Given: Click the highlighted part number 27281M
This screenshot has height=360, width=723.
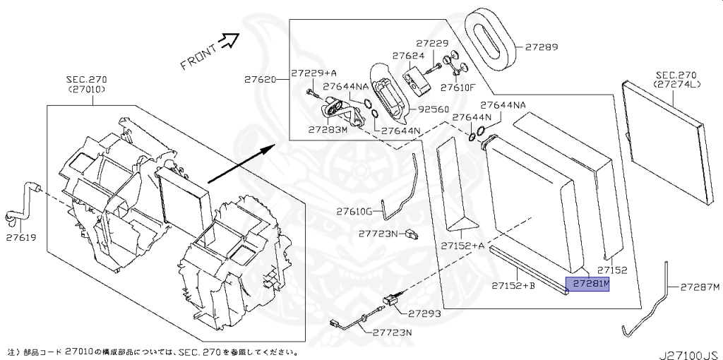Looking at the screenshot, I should click(x=590, y=284).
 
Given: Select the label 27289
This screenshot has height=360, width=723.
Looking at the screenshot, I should click(x=540, y=48).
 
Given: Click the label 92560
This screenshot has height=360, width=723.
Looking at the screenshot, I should click(x=434, y=110).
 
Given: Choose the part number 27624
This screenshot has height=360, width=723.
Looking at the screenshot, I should click(x=407, y=55).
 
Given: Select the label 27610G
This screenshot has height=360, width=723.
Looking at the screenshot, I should click(x=354, y=211).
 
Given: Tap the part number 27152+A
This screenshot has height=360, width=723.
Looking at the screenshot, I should click(x=462, y=246).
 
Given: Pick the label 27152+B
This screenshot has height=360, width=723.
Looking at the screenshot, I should click(x=513, y=285).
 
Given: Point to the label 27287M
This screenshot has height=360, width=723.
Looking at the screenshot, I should click(x=700, y=287).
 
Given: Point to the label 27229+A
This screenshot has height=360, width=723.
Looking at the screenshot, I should click(x=314, y=73).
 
